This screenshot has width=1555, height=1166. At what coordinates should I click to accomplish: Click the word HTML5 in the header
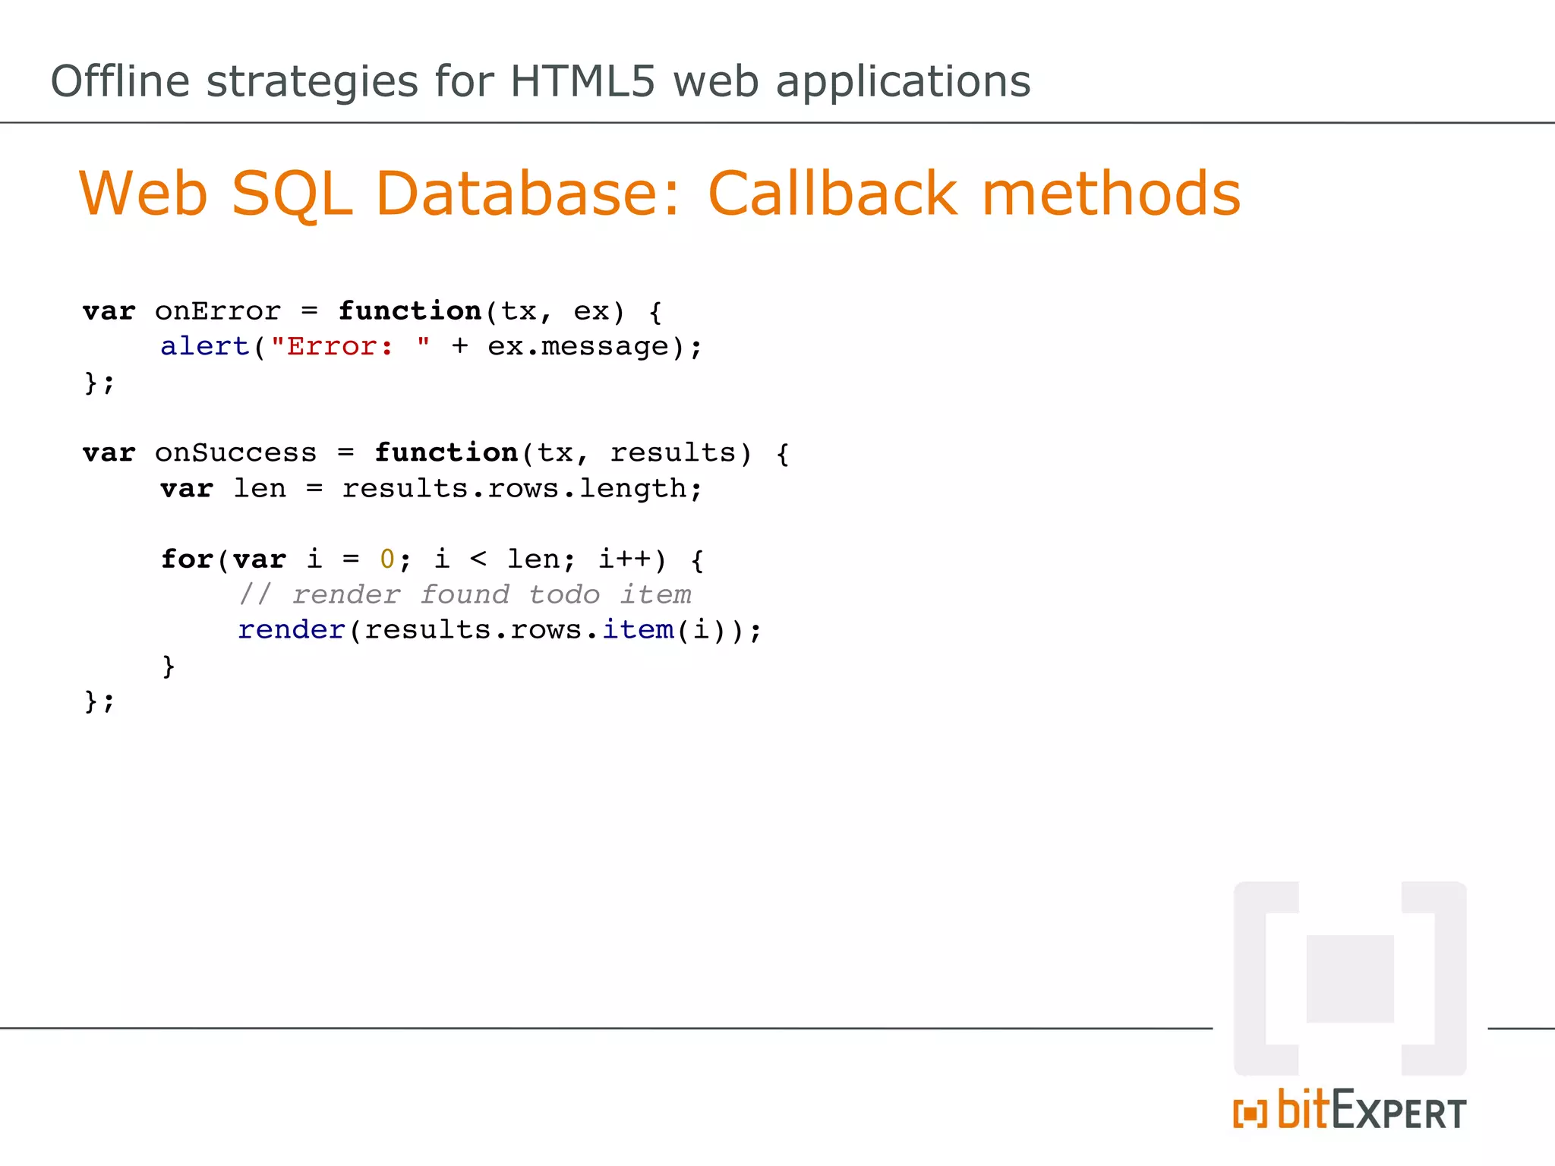point(582,81)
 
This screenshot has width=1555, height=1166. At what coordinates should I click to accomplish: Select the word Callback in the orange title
point(832,194)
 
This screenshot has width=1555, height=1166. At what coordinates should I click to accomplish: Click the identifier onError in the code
point(218,311)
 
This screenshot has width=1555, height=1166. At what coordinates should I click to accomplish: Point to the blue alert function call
point(205,347)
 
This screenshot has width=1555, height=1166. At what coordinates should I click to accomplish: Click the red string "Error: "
point(350,347)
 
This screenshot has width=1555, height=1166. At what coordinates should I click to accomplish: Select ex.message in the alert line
point(578,347)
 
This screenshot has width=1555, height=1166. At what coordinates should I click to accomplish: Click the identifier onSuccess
point(235,453)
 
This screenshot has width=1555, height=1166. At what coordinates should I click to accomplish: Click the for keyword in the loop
point(187,559)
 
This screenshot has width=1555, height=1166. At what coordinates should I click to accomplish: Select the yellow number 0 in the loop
point(387,559)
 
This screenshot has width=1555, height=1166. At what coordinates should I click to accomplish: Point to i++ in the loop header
point(624,559)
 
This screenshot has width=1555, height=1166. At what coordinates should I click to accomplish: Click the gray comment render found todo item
point(465,594)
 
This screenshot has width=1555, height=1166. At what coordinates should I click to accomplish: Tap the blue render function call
point(292,630)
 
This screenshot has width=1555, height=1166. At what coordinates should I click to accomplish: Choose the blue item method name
point(638,630)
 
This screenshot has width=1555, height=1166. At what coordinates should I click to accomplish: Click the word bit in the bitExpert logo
point(1303,1110)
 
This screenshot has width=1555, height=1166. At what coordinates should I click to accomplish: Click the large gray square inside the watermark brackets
point(1350,979)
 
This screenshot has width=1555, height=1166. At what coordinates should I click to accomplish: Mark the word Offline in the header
point(120,81)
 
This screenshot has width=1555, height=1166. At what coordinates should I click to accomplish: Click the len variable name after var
point(260,489)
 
